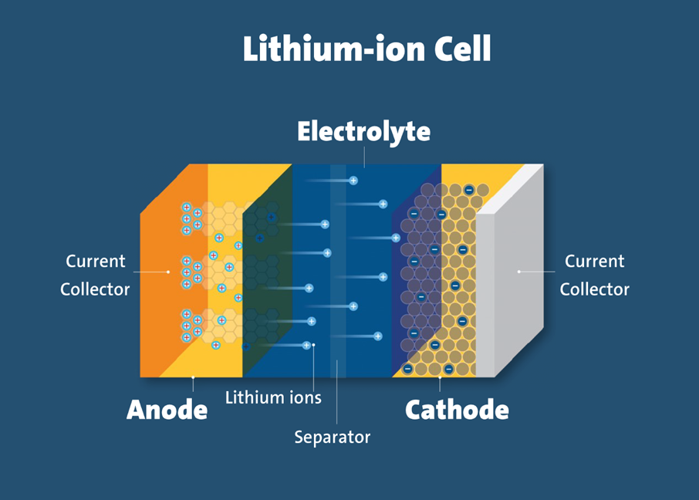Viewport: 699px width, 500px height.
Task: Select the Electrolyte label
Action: pos(363,132)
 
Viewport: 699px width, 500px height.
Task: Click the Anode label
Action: pos(167,410)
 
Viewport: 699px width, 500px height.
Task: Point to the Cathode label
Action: pos(457,410)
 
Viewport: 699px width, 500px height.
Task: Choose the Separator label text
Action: pos(332,437)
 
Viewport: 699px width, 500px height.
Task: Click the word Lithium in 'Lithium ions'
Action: pos(255,397)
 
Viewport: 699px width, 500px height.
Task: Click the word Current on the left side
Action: pos(96,261)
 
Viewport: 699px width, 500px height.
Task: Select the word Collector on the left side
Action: pos(95,289)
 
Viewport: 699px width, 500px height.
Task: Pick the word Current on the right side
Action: pos(595,261)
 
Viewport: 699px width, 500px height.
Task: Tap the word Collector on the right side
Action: pos(595,289)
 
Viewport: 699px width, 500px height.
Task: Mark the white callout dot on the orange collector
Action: pos(168,272)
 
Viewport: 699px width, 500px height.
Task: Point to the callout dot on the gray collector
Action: pos(519,271)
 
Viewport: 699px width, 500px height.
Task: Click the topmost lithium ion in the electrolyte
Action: pos(353,181)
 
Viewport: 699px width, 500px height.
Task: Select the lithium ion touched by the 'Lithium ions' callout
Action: pos(306,345)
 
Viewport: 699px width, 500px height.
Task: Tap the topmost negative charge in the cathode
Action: pos(469,190)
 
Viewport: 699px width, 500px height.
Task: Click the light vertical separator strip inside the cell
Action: pos(338,271)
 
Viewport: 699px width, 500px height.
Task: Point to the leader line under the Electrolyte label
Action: pos(364,157)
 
